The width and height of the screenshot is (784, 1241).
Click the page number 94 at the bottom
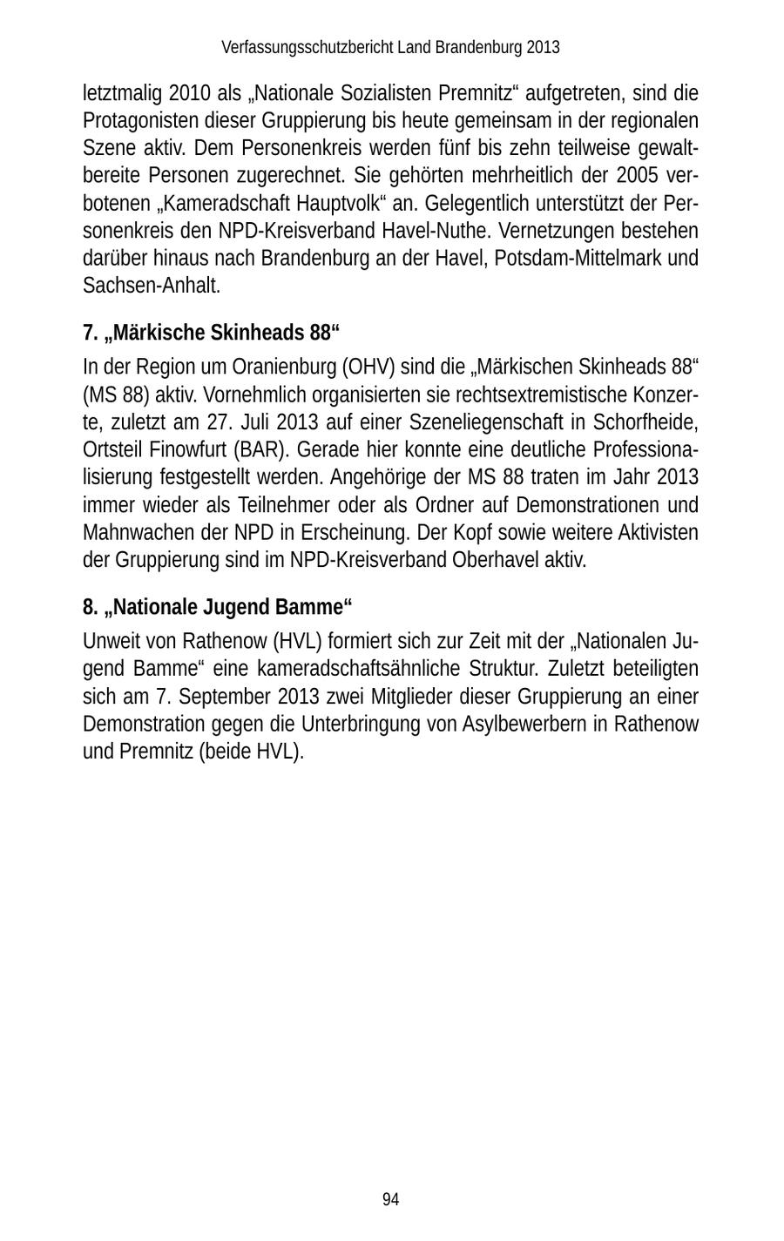tap(390, 1199)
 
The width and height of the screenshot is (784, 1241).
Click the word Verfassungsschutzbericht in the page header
tap(307, 47)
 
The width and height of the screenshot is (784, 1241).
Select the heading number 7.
tap(89, 333)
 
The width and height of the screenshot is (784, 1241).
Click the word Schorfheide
tap(646, 423)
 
